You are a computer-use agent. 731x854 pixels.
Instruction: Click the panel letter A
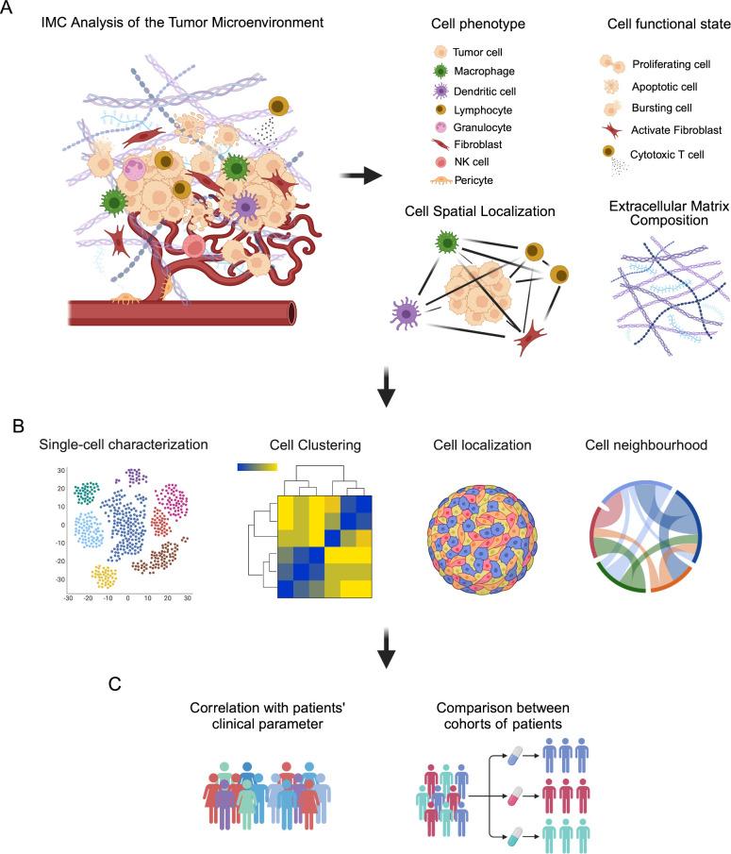pyautogui.click(x=10, y=12)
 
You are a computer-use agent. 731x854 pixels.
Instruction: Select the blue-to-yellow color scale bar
pyautogui.click(x=257, y=467)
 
